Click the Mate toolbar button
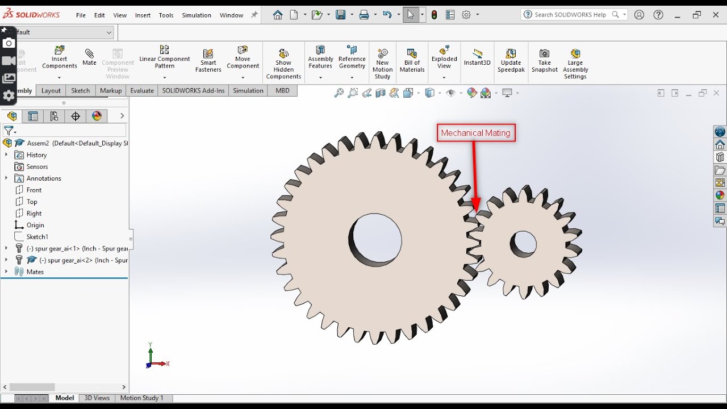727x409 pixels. (89, 56)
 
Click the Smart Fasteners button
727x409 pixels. (208, 60)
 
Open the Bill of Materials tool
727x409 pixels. (412, 60)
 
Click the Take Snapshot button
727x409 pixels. (544, 60)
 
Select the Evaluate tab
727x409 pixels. (142, 91)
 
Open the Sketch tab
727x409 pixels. (80, 91)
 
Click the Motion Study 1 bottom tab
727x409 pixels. (141, 398)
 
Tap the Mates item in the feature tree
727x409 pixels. (35, 272)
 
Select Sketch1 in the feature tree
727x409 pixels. (37, 237)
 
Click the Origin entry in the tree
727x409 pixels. (35, 225)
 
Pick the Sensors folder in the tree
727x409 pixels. (37, 166)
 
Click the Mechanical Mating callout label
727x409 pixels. (476, 133)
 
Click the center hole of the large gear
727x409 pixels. (375, 240)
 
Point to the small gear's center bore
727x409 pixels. (524, 244)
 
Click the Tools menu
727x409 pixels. (166, 15)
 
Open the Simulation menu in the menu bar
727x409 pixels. (197, 15)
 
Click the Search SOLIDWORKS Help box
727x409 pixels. (570, 15)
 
